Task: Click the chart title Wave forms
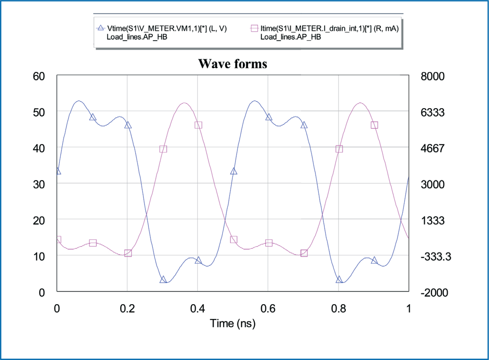(x=233, y=64)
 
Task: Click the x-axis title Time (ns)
(x=233, y=323)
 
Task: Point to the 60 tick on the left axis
(x=39, y=76)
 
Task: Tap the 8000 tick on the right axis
(x=432, y=76)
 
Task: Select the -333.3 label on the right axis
(x=436, y=257)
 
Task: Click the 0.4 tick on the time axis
(x=197, y=309)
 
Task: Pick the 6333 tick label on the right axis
(x=432, y=112)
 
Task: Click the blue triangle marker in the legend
(x=100, y=28)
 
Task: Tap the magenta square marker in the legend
(x=254, y=28)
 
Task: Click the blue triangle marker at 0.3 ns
(x=163, y=279)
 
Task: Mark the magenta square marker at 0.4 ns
(x=198, y=125)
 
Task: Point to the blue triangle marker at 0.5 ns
(x=234, y=171)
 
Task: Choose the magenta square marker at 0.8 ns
(x=339, y=149)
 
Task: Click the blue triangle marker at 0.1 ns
(x=93, y=117)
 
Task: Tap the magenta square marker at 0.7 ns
(x=304, y=253)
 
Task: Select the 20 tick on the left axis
(x=39, y=221)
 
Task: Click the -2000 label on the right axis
(x=434, y=293)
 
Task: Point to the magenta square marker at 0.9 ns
(x=374, y=125)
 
